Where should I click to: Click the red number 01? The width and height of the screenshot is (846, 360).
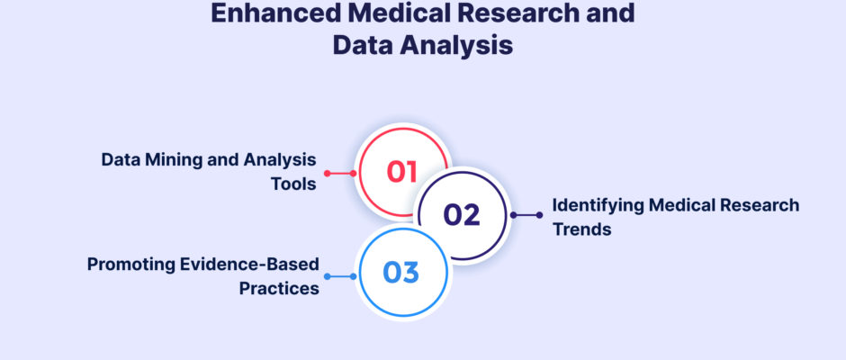coord(402,172)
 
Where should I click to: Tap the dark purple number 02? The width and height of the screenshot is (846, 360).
coord(462,215)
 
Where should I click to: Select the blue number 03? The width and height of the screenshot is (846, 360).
coord(400,273)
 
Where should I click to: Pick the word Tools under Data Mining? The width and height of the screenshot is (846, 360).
coord(293,184)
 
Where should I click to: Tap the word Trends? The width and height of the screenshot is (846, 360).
coord(581,229)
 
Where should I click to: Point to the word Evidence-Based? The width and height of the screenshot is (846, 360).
coord(246,265)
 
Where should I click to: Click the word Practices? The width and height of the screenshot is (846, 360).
coord(279,288)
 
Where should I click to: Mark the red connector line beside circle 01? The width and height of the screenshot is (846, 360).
coord(340,174)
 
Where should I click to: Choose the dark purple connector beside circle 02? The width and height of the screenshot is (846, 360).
coord(526,215)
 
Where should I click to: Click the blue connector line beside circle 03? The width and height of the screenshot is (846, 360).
coord(340,276)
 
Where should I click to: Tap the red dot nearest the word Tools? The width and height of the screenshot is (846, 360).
coord(327,174)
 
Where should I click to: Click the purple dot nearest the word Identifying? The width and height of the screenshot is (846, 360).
coord(539,215)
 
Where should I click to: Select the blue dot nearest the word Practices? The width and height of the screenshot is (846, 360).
coord(327,276)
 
